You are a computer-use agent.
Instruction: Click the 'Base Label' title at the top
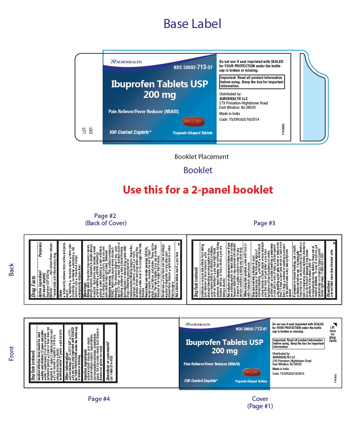coord(192,24)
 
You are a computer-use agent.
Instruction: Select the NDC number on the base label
coord(193,67)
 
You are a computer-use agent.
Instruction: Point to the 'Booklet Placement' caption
coord(201,157)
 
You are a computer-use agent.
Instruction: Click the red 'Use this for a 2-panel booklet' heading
coord(197,190)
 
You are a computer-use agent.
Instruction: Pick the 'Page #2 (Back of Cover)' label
coord(106,219)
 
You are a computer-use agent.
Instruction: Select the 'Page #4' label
coord(99,399)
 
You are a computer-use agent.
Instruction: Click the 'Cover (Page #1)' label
coord(260,402)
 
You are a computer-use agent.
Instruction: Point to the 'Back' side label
coord(11,270)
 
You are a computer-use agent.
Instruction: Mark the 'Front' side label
coord(11,353)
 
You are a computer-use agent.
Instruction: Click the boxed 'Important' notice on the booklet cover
coord(298,343)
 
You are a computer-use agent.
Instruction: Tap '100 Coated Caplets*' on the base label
coord(130,132)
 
